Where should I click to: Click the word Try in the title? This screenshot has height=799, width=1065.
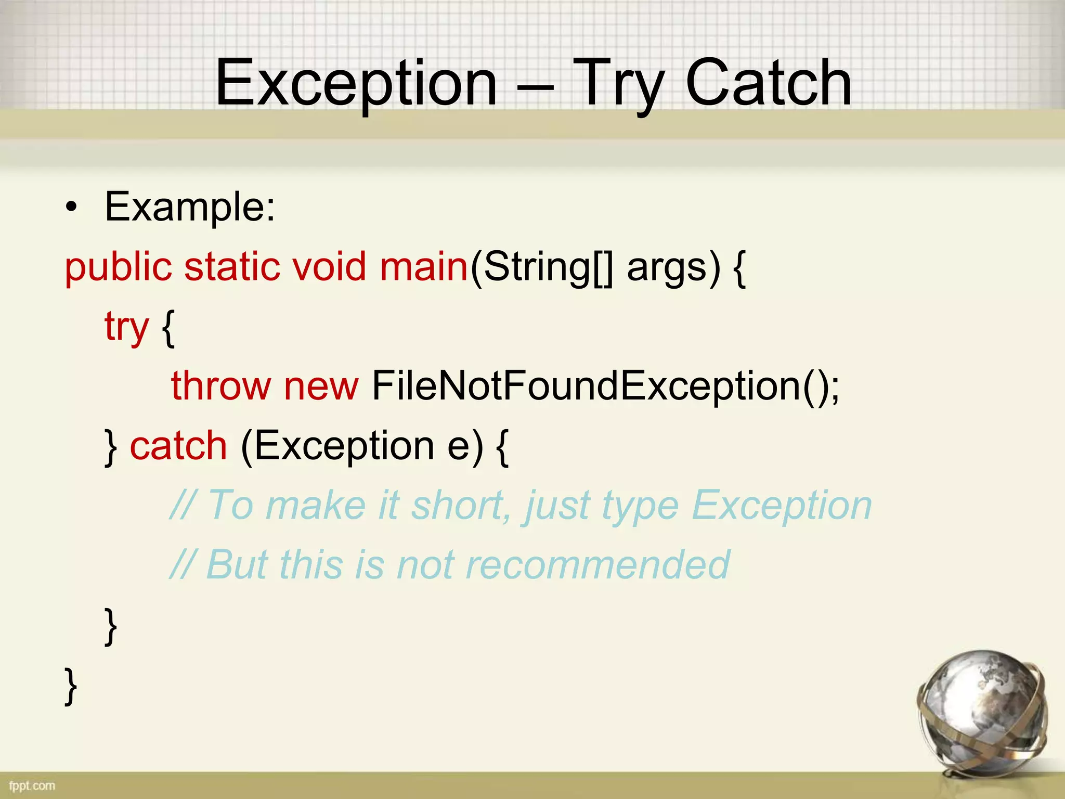(x=619, y=83)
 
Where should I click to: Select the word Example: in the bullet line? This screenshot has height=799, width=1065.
(x=190, y=207)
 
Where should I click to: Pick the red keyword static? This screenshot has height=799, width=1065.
(x=231, y=267)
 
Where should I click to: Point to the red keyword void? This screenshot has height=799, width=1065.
(x=329, y=267)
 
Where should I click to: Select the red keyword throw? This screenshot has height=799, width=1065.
(x=221, y=386)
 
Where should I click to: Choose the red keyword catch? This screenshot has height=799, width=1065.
(x=178, y=446)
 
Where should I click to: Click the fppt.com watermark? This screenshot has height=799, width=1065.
(x=32, y=785)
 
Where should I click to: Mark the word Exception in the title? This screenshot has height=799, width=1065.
(x=357, y=83)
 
